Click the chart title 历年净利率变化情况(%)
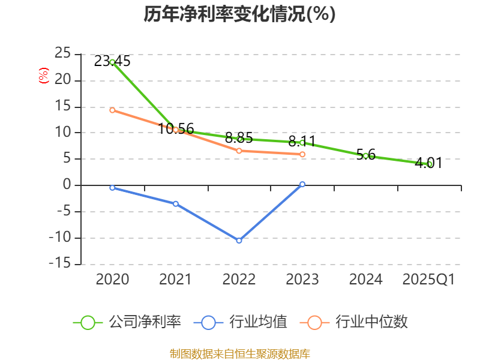(239, 14)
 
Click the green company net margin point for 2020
(112, 62)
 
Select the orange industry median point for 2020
(112, 110)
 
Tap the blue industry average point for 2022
(239, 241)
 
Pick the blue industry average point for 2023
(302, 184)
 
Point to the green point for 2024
(365, 156)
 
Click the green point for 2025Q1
(430, 164)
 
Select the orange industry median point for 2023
(302, 154)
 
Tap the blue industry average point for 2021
(176, 203)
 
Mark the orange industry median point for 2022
(239, 151)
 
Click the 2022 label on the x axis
(239, 280)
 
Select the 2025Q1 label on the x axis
(428, 280)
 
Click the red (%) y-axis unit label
(43, 76)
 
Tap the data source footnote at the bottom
(239, 353)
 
